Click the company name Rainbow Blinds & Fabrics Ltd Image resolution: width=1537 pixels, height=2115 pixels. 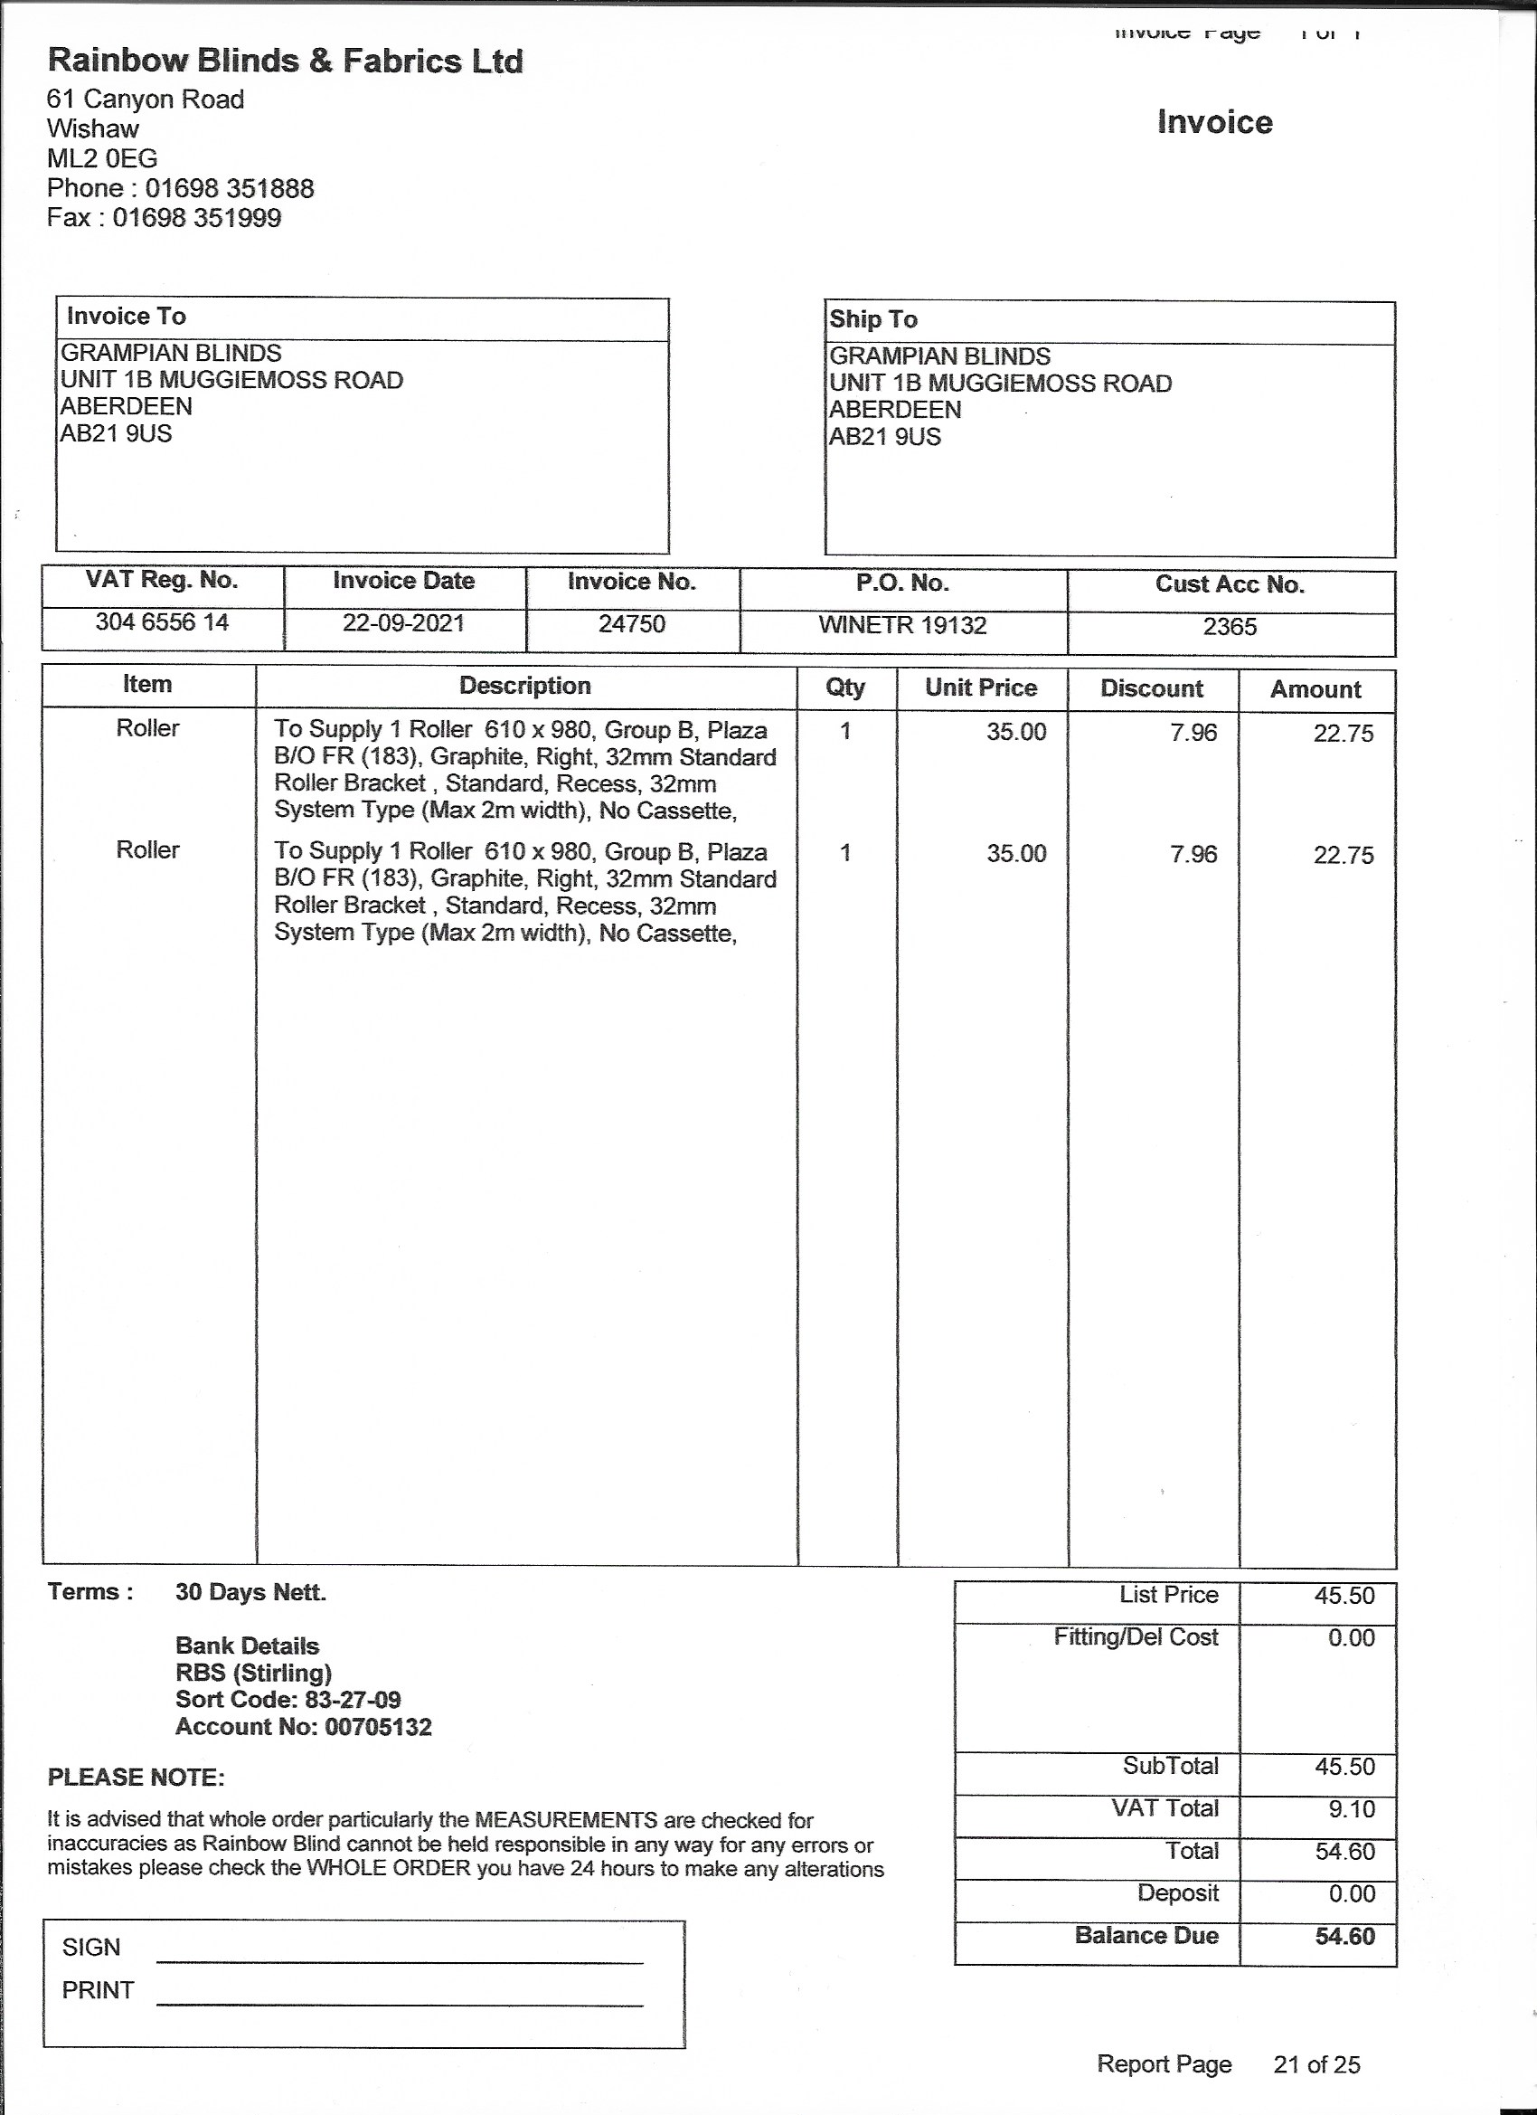pyautogui.click(x=285, y=62)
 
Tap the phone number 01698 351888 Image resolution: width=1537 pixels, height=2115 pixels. pyautogui.click(x=230, y=188)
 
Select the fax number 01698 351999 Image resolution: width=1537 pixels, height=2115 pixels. pyautogui.click(x=197, y=218)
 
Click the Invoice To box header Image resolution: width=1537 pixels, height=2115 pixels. pyautogui.click(x=127, y=316)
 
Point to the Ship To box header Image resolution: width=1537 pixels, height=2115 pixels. pyautogui.click(x=873, y=320)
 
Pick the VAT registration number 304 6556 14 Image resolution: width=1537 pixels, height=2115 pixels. pyautogui.click(x=162, y=622)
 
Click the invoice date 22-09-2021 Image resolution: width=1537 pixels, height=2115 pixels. pyautogui.click(x=403, y=623)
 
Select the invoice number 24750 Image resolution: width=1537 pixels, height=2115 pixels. pyautogui.click(x=632, y=624)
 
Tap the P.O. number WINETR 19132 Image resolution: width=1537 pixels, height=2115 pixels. pyautogui.click(x=902, y=625)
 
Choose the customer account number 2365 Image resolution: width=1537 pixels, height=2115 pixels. pyautogui.click(x=1230, y=627)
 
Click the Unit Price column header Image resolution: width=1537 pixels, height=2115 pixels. pyautogui.click(x=981, y=688)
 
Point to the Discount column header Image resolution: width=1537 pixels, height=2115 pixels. pyautogui.click(x=1151, y=688)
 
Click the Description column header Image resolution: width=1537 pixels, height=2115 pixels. pyautogui.click(x=524, y=686)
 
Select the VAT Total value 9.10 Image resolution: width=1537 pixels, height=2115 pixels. pyautogui.click(x=1352, y=1810)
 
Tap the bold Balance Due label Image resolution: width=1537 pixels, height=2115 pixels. pyautogui.click(x=1146, y=1935)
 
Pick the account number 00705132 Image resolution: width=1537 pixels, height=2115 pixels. pyautogui.click(x=379, y=1727)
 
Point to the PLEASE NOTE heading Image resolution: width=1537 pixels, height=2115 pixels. pyautogui.click(x=137, y=1778)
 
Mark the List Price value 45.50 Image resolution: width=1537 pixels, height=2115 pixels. pyautogui.click(x=1344, y=1596)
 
